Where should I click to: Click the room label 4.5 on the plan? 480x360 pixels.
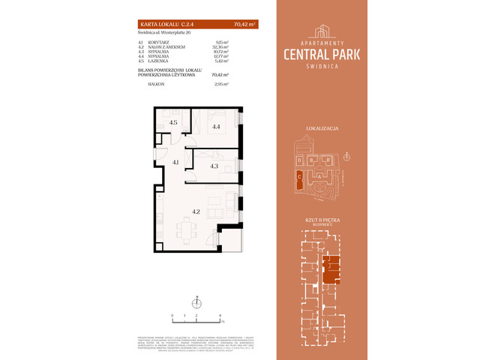pyautogui.click(x=172, y=123)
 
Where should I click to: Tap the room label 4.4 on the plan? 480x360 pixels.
pyautogui.click(x=216, y=127)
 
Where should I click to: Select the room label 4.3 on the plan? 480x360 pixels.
pyautogui.click(x=214, y=166)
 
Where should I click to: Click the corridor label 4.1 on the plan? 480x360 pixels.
pyautogui.click(x=174, y=162)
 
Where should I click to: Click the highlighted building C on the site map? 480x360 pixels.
pyautogui.click(x=300, y=179)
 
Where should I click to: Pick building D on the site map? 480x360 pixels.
pyautogui.click(x=299, y=160)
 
